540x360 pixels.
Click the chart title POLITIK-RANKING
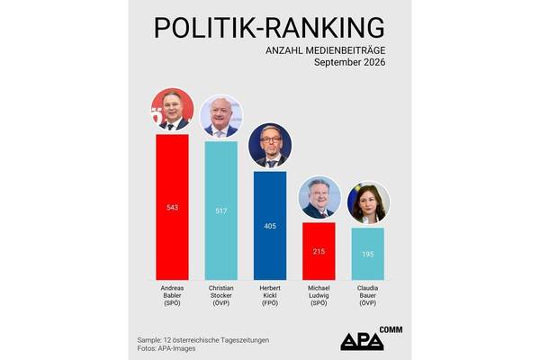point(269,28)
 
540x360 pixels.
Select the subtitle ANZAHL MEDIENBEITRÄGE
point(325,50)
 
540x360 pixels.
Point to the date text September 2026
point(349,62)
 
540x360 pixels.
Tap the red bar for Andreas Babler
point(172,207)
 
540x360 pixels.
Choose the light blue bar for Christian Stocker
point(221,211)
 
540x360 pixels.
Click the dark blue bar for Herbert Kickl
point(270,226)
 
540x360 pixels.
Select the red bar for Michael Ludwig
point(319,251)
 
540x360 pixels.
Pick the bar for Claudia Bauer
point(368,254)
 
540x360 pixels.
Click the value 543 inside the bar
point(172,207)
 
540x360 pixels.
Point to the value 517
point(221,211)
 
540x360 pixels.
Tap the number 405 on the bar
point(270,226)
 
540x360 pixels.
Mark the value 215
point(319,251)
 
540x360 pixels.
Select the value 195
point(368,254)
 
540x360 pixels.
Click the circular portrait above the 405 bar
point(270,146)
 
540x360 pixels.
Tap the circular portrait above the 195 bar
point(368,202)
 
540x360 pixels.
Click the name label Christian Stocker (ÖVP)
point(221,295)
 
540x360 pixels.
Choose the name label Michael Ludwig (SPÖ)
point(319,295)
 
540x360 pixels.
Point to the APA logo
point(371,338)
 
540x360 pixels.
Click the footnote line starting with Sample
point(203,340)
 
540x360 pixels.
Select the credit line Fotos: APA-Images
point(166,348)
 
